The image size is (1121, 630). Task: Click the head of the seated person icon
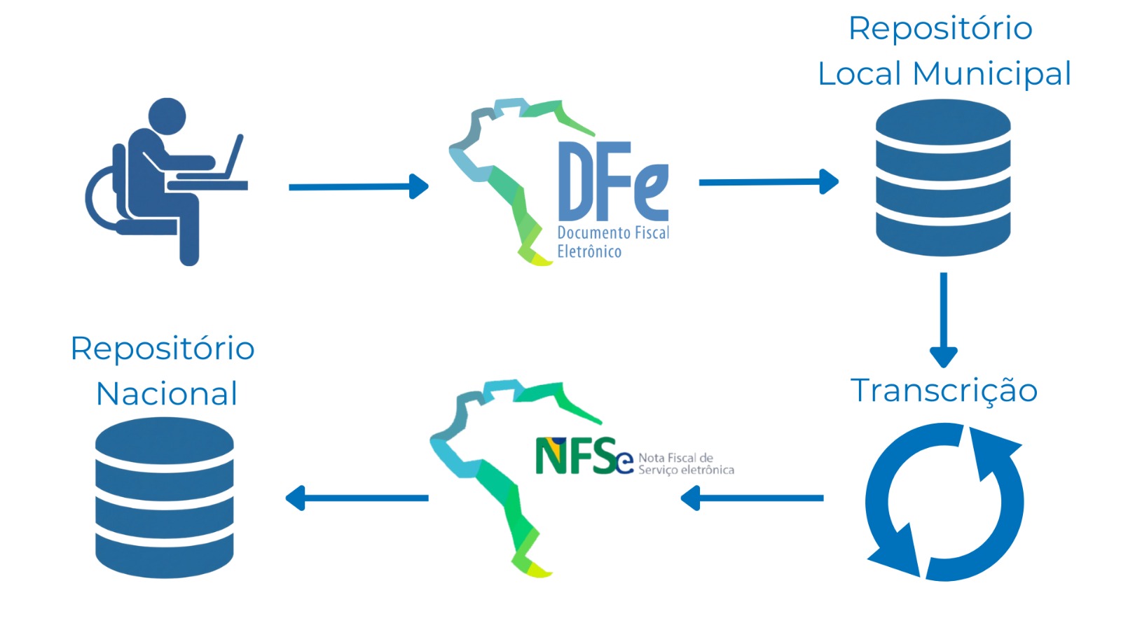(167, 117)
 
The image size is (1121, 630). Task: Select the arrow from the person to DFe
(358, 187)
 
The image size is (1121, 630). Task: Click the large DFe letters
(612, 181)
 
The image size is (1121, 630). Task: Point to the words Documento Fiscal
(613, 232)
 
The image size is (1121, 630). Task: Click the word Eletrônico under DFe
(589, 252)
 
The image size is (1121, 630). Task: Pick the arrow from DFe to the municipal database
(768, 182)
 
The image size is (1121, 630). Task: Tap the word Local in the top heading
(860, 74)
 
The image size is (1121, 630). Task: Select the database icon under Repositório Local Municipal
(943, 178)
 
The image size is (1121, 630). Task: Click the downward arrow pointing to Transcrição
(943, 318)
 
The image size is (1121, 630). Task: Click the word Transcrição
(944, 391)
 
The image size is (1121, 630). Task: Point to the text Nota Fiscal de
(675, 458)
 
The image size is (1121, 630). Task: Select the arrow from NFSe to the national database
(357, 498)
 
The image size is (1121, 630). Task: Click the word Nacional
(167, 394)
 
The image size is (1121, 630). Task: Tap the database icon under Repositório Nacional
(165, 498)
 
